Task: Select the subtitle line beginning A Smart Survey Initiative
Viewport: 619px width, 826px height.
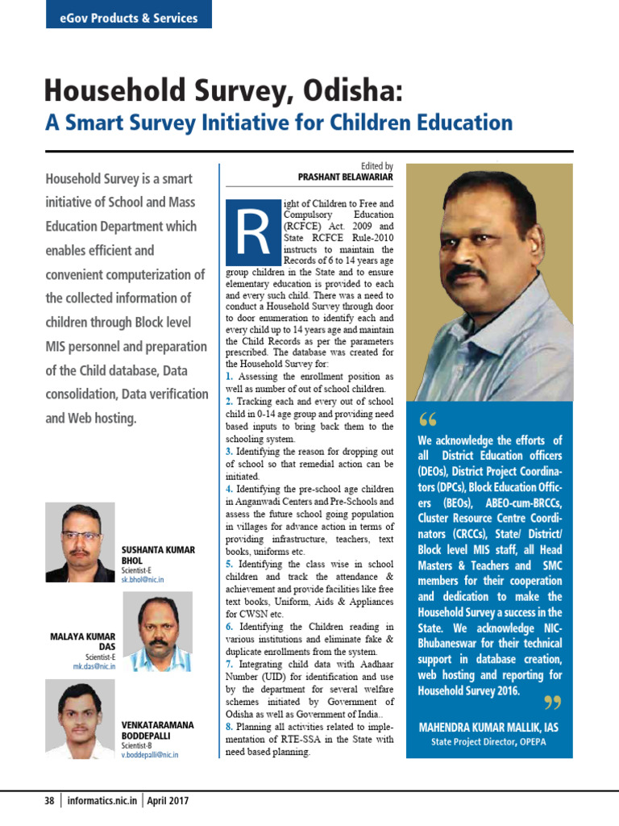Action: coord(278,123)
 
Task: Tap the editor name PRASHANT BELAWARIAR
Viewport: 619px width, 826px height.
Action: coord(345,177)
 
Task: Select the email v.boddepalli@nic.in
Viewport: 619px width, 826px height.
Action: coord(150,755)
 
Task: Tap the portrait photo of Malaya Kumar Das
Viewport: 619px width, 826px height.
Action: coord(157,632)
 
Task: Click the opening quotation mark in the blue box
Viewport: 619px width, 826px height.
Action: coord(427,420)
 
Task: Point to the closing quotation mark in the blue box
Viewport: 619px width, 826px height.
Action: coord(552,703)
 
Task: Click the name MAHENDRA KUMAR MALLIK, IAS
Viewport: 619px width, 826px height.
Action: coord(488,728)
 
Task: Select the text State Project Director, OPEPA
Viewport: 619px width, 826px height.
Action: coord(488,742)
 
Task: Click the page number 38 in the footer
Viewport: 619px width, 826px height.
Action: coord(50,801)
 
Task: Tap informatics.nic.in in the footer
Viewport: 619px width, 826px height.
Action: coord(102,801)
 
